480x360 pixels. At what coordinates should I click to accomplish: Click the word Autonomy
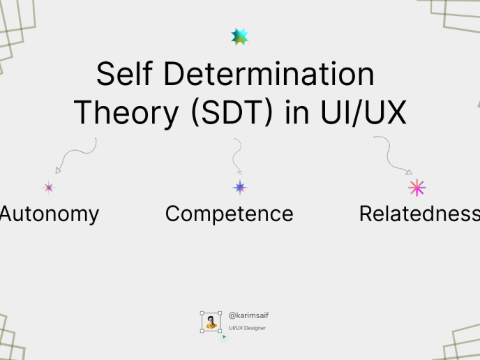pyautogui.click(x=50, y=213)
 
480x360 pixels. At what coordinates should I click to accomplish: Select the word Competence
pyautogui.click(x=229, y=213)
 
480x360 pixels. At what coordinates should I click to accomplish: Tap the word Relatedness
pyautogui.click(x=419, y=213)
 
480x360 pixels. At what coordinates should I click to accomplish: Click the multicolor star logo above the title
pyautogui.click(x=240, y=37)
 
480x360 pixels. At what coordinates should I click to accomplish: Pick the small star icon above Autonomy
pyautogui.click(x=49, y=187)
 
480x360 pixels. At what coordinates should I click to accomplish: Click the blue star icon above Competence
pyautogui.click(x=240, y=187)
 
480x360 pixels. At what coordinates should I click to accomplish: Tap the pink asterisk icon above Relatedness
pyautogui.click(x=417, y=187)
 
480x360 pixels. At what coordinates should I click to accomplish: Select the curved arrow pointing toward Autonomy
pyautogui.click(x=75, y=154)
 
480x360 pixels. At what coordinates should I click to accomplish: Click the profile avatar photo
pyautogui.click(x=211, y=322)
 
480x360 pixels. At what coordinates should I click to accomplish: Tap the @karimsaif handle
pyautogui.click(x=248, y=315)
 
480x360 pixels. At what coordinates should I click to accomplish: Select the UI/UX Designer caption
pyautogui.click(x=247, y=328)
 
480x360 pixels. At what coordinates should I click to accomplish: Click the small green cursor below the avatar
pyautogui.click(x=224, y=337)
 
